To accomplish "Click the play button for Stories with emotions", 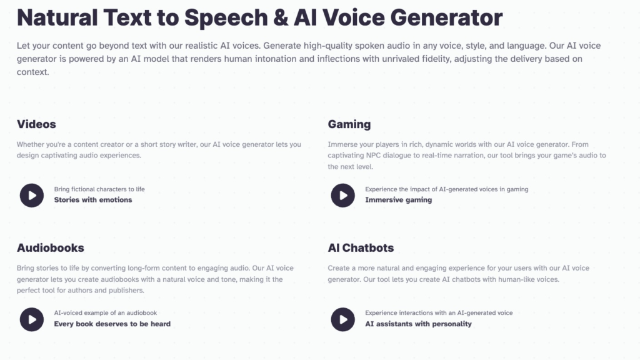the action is (32, 196).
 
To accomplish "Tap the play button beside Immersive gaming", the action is (343, 196).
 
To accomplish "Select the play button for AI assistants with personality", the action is (343, 319).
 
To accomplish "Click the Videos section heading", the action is (36, 124).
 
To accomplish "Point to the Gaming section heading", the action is (349, 124).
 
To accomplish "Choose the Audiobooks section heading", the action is (50, 247).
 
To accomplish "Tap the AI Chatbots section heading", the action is (361, 247).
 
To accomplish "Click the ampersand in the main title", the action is (281, 17).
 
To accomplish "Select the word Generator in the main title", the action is (446, 17).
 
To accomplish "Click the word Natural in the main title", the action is (57, 17).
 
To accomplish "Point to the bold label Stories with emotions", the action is (93, 200).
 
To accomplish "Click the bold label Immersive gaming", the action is (398, 200).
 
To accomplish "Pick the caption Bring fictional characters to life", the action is (99, 189).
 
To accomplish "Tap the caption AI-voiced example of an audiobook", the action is (105, 312).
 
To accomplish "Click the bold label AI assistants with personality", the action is (418, 324).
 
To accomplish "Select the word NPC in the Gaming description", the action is (373, 155).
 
